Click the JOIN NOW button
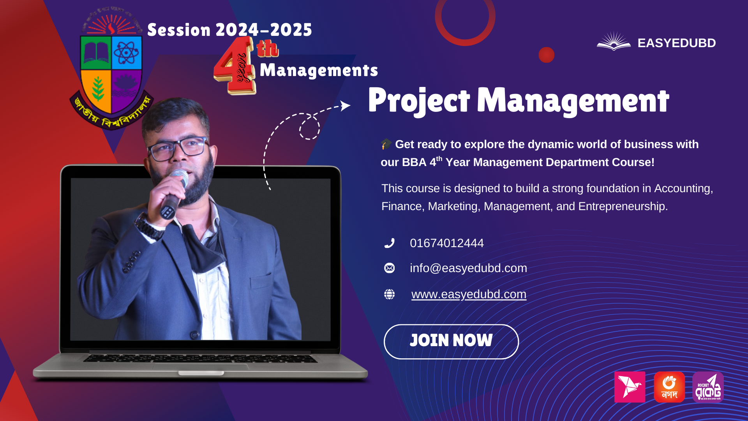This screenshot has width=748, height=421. tap(451, 341)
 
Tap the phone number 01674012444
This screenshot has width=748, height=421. tap(446, 243)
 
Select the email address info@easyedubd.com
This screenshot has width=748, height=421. tap(468, 268)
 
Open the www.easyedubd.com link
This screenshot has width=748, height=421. tap(469, 294)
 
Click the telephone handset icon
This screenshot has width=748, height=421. tap(389, 243)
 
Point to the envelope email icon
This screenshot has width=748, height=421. tap(389, 268)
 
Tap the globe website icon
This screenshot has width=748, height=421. tap(389, 294)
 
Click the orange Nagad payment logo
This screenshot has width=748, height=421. tap(669, 387)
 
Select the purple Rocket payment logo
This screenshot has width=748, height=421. tap(708, 387)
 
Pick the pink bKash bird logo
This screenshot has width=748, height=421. tap(630, 387)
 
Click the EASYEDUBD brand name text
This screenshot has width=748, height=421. tap(676, 43)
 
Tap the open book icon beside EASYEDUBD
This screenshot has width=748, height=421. tap(614, 41)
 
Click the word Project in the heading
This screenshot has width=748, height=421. tap(419, 101)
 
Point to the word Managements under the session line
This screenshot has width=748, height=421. tap(319, 71)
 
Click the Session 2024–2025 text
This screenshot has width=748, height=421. tap(229, 30)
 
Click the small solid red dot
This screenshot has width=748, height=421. tap(546, 55)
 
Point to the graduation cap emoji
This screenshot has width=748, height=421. tap(386, 144)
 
